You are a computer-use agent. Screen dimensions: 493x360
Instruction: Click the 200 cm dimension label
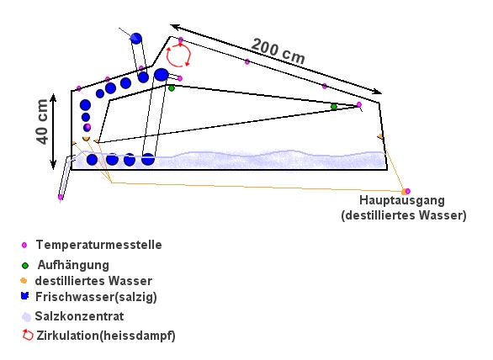tap(278, 51)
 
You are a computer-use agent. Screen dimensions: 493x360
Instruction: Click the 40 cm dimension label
tap(42, 122)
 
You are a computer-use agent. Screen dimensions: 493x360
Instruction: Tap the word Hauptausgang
tap(402, 200)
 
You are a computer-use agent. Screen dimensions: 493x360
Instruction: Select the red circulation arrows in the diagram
tap(178, 56)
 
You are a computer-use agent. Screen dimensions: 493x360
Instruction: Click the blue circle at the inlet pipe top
tap(136, 39)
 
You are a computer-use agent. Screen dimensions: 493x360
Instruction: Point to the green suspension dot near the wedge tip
tap(334, 107)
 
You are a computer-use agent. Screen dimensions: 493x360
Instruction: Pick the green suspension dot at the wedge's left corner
tap(172, 88)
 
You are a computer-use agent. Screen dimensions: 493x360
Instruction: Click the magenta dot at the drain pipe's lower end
tap(61, 197)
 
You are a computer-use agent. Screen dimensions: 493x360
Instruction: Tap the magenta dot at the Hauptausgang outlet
tap(408, 191)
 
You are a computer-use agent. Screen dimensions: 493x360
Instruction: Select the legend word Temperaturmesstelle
tap(98, 245)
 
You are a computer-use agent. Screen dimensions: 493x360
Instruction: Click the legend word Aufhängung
tap(73, 265)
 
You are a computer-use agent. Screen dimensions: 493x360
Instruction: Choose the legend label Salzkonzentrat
tap(79, 316)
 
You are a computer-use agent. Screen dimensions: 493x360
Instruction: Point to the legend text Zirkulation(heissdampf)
tap(106, 336)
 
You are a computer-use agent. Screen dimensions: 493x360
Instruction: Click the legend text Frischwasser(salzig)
tap(96, 297)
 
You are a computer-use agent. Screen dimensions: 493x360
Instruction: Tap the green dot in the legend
tap(25, 266)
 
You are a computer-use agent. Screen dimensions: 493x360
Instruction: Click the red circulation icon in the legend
tap(28, 335)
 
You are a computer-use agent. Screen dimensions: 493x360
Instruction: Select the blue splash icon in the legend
tap(25, 296)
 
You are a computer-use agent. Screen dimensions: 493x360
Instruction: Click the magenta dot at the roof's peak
tap(181, 40)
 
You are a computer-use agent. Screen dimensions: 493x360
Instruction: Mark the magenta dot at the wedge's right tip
tap(359, 104)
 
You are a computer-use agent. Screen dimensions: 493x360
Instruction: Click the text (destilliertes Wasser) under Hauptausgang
tap(404, 215)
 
